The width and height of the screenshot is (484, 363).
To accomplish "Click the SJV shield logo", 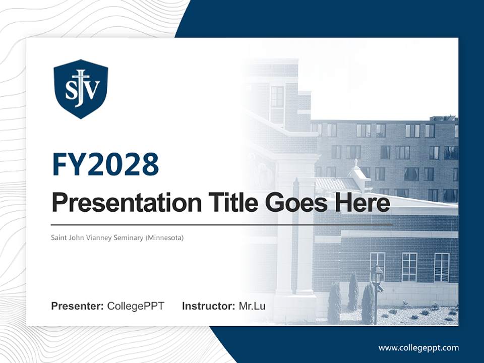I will click(x=81, y=89).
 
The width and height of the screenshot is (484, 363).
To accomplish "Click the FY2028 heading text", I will click(x=105, y=164).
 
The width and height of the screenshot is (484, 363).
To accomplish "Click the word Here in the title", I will click(x=364, y=203).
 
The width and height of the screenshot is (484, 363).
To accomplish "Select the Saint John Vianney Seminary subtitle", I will click(x=117, y=237).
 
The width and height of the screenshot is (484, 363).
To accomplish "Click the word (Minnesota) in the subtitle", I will click(x=164, y=237).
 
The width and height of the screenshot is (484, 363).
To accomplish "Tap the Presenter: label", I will click(x=77, y=306).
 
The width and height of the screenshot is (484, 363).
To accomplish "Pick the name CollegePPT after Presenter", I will click(x=136, y=306).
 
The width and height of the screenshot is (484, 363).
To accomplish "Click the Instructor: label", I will click(x=208, y=306).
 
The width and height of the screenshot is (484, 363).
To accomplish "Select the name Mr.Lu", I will click(x=252, y=306).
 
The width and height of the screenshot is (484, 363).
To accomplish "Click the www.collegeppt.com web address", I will click(x=418, y=347).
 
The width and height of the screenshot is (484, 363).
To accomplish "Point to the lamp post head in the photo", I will click(x=376, y=275).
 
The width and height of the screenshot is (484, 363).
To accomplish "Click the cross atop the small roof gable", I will click(x=356, y=162).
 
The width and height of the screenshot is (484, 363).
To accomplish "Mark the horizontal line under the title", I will click(x=222, y=224).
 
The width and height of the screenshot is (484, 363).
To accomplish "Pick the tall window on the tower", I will click(x=277, y=97).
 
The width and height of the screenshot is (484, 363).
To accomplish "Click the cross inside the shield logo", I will click(x=81, y=81).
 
